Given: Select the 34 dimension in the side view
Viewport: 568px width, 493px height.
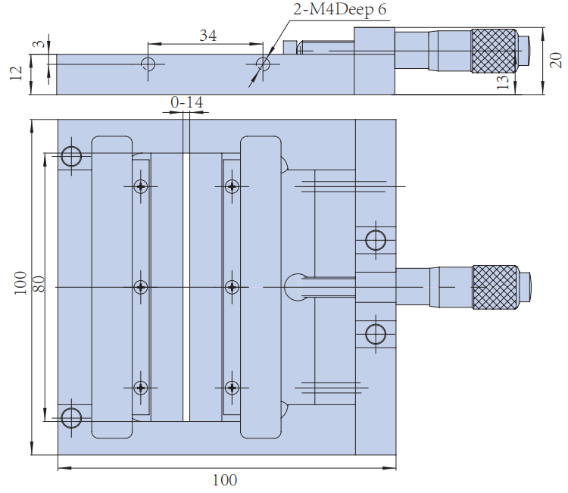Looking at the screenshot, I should coord(208,35).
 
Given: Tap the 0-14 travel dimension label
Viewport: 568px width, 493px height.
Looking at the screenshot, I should coord(186,101).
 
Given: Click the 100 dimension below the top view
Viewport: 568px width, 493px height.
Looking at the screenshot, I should coord(224,479).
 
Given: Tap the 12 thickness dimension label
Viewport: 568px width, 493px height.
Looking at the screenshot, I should coord(16,73).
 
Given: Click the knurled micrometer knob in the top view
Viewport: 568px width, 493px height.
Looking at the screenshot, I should coord(495,287).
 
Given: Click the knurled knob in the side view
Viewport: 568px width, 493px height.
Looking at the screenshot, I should coord(495,51).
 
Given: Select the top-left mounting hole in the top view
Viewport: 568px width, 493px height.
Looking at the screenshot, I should coord(72,157).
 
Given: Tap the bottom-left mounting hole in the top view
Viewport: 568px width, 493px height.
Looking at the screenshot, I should coord(72,417).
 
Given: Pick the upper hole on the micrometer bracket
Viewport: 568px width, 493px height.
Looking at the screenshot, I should coord(375,240).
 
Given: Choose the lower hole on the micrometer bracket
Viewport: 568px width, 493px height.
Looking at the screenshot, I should coord(375,333).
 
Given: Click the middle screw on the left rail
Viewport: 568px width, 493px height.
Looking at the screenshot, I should coord(141,287).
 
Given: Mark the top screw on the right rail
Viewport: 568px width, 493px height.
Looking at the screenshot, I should coord(232,186).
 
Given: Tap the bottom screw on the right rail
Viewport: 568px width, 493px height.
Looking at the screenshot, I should coord(232,387).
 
